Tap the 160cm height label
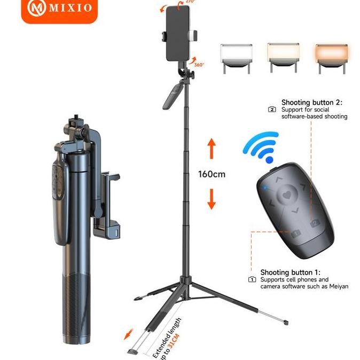212,174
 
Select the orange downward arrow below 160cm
212,199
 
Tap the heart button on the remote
289,195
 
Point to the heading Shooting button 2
311,102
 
